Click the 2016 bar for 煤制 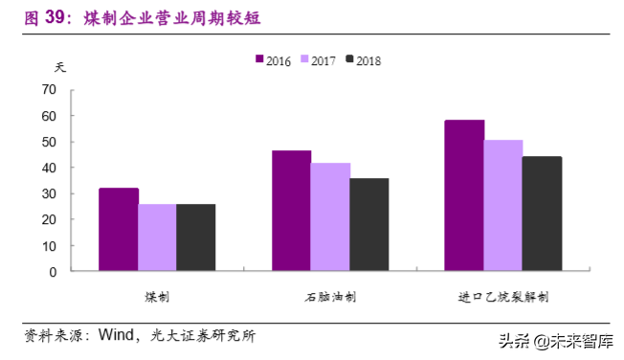(118, 230)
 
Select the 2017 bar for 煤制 (157, 237)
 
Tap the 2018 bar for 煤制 (196, 237)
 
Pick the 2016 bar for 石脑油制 (291, 211)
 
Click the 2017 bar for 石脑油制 (330, 217)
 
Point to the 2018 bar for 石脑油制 (369, 225)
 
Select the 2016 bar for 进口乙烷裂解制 (464, 195)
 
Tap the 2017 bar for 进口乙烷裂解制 (503, 206)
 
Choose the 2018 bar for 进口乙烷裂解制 (543, 214)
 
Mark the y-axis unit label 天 (61, 67)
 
